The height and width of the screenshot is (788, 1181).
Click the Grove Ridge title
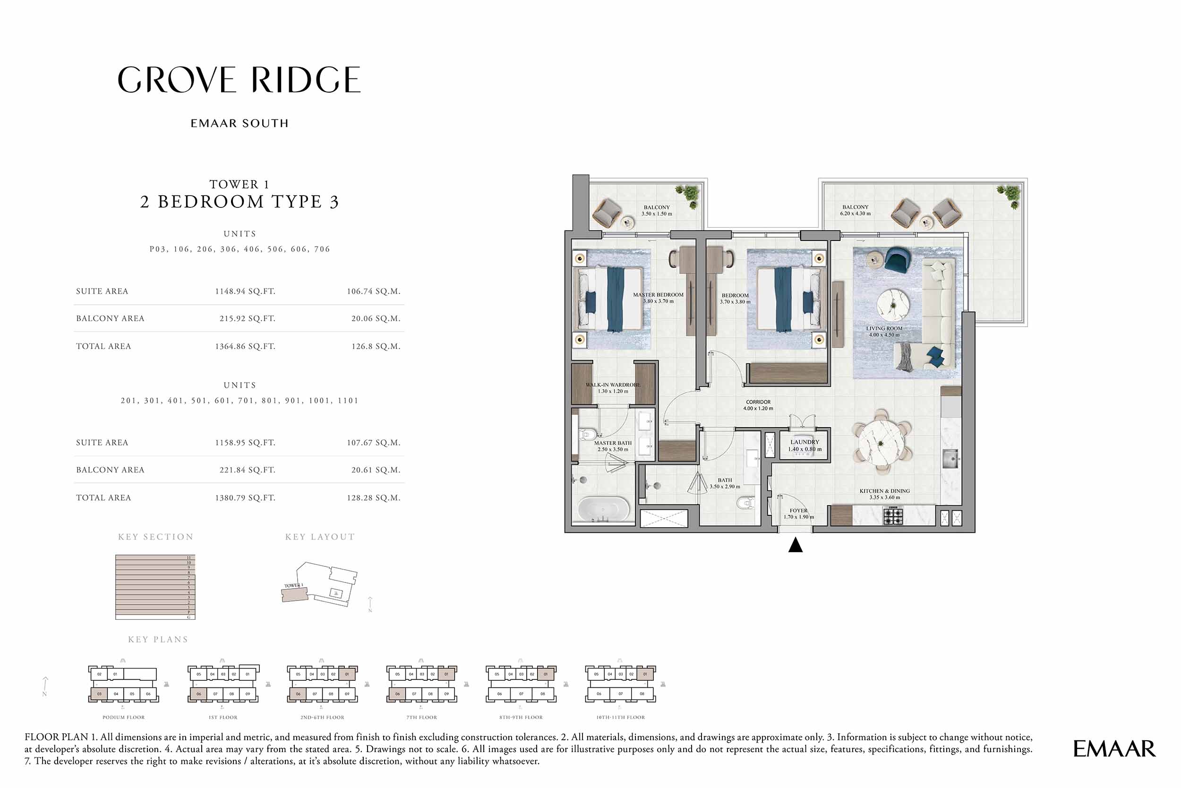click(x=239, y=80)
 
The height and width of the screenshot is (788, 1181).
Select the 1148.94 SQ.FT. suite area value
click(x=245, y=291)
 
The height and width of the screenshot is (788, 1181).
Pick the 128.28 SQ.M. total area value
click(x=373, y=498)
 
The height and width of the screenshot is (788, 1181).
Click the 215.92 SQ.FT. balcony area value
click(x=247, y=318)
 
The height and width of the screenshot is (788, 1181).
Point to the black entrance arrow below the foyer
click(x=795, y=545)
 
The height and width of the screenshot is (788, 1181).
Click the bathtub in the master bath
click(x=603, y=509)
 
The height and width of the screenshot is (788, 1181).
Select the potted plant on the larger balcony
click(x=1010, y=196)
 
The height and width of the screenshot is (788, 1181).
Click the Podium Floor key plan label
click(x=123, y=717)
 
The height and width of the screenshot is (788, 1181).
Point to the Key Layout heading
click(x=320, y=537)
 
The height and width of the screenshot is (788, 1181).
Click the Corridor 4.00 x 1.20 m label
click(x=758, y=405)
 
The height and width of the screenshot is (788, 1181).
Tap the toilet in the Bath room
click(x=745, y=502)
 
